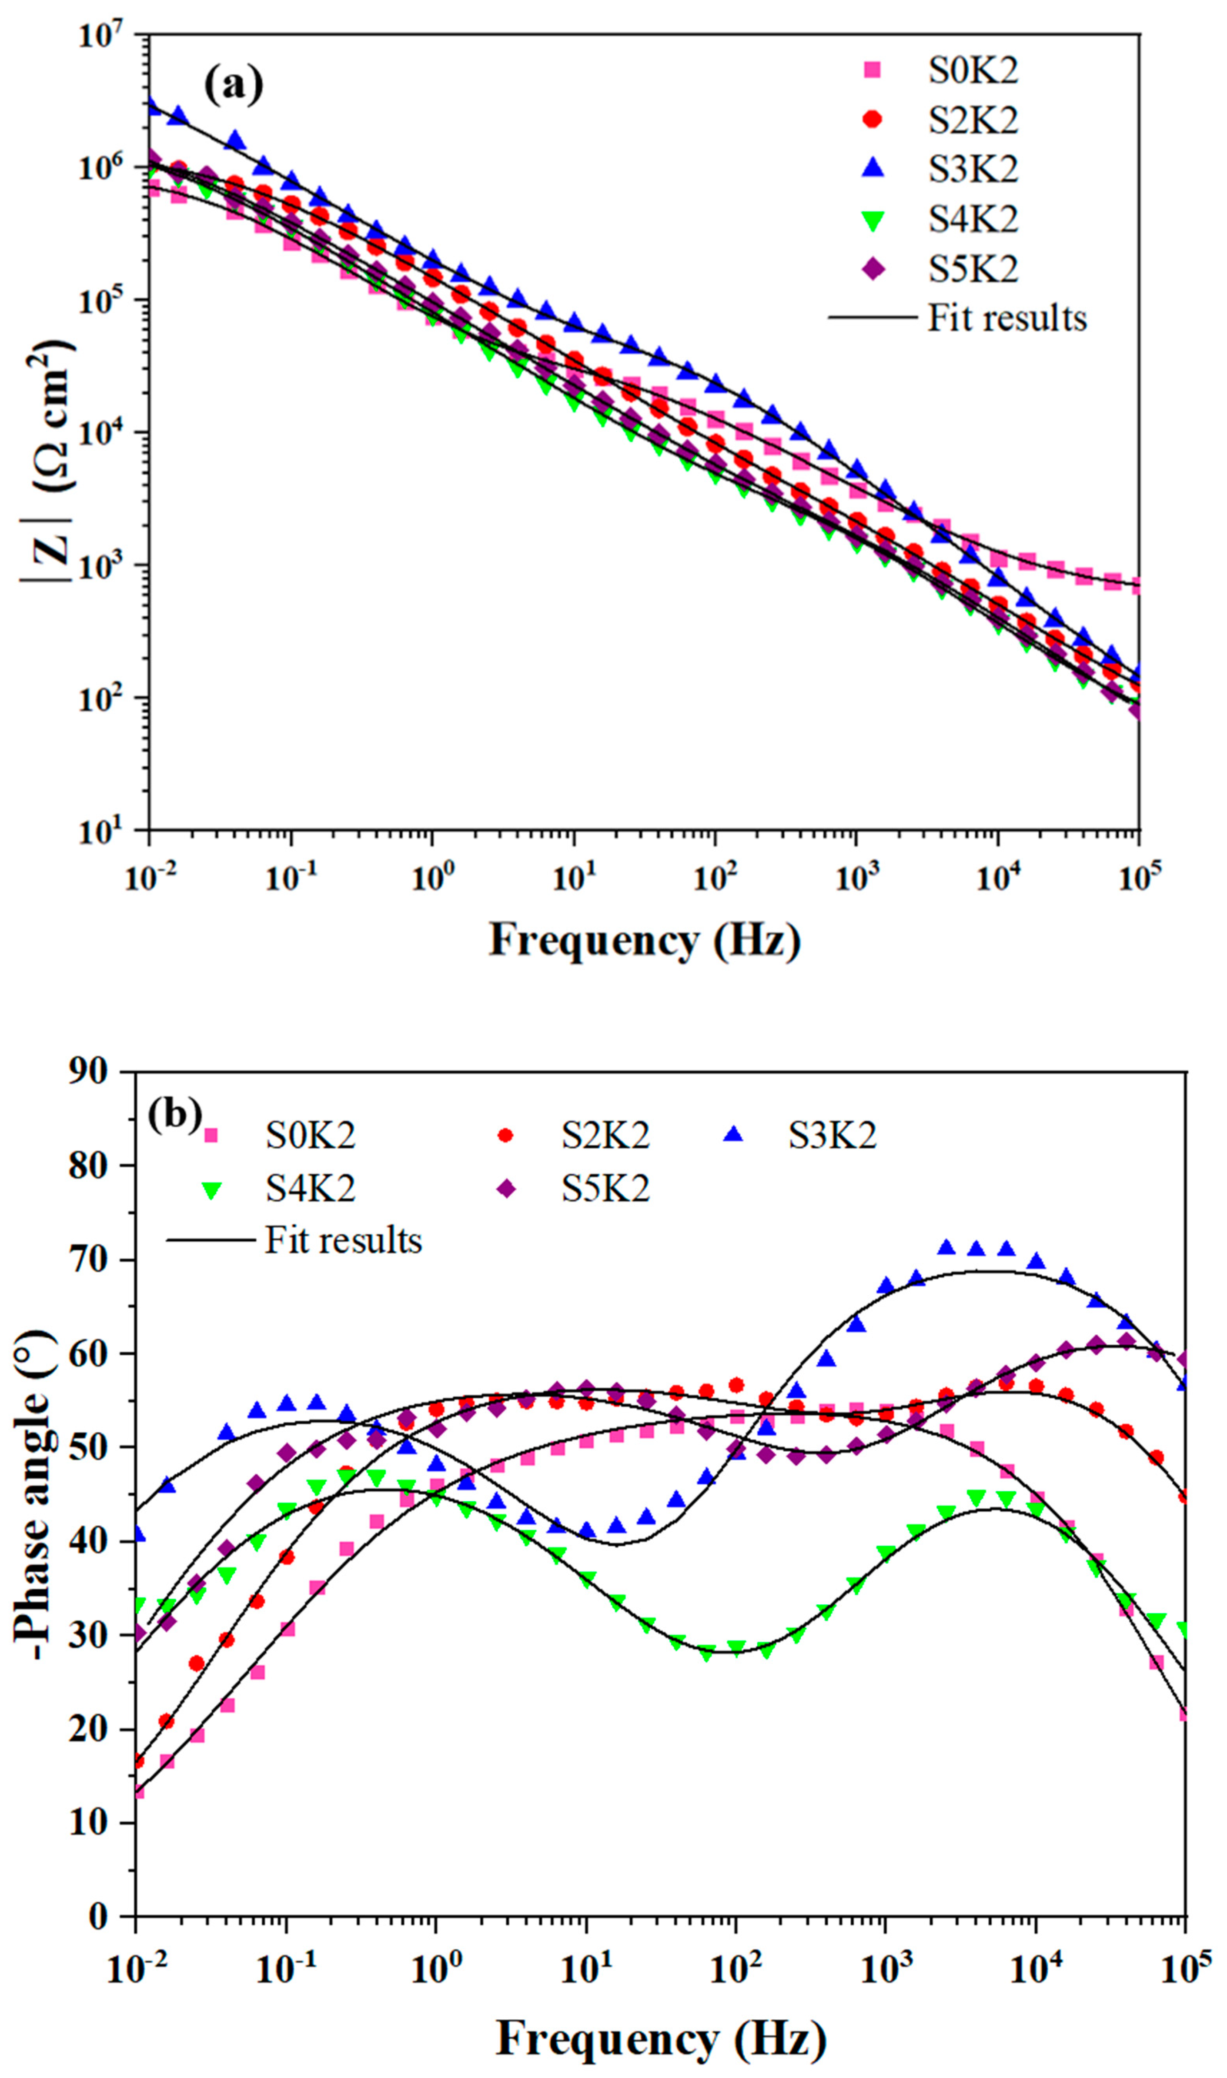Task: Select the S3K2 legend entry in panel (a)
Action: tap(973, 170)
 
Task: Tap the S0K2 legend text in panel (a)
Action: tap(973, 71)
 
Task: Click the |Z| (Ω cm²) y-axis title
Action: tap(48, 463)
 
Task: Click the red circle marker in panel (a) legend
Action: tap(872, 120)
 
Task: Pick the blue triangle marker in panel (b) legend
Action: tap(732, 1135)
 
